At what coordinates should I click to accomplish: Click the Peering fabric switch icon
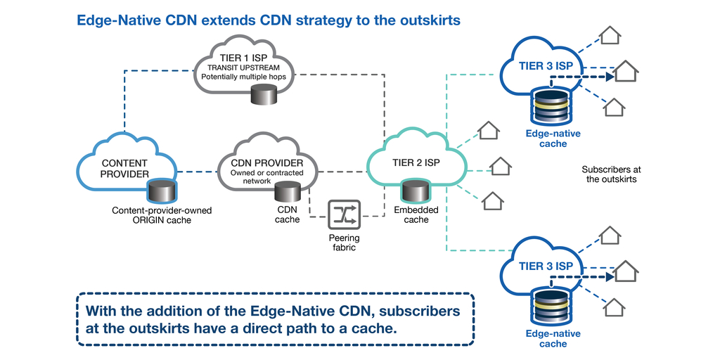click(x=345, y=215)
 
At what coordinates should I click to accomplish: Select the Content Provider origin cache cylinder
click(x=162, y=190)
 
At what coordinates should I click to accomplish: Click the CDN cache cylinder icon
click(x=287, y=191)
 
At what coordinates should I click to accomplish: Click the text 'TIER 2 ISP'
click(x=415, y=163)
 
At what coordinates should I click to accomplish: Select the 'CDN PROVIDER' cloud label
click(x=261, y=160)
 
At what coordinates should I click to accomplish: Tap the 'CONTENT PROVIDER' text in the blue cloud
click(x=125, y=169)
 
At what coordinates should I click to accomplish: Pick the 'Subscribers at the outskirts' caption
click(x=611, y=174)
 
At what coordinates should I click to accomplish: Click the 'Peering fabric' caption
click(x=345, y=243)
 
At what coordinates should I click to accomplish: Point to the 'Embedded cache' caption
click(x=416, y=215)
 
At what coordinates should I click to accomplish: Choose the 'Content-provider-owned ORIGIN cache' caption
click(x=162, y=215)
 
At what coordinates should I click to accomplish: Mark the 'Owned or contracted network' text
click(x=261, y=176)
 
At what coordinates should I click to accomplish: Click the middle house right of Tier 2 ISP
click(x=500, y=166)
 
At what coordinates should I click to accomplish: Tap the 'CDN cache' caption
click(x=287, y=215)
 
